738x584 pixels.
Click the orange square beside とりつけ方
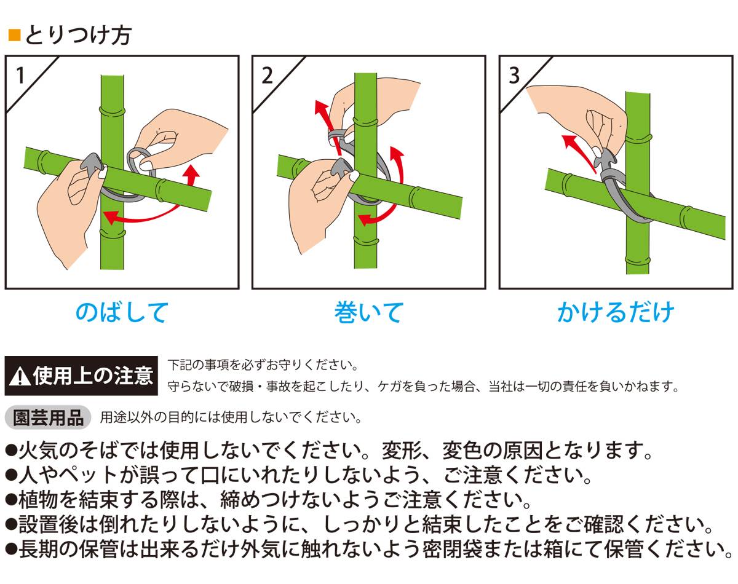point(14,35)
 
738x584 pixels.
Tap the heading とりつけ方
point(78,35)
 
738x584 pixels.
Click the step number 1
point(21,75)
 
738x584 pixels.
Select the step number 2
point(267,75)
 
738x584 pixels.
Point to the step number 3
point(514,75)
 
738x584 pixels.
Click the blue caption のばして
point(122,312)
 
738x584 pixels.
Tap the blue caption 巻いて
point(368,312)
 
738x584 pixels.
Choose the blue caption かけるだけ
point(616,312)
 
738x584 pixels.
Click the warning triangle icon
point(20,376)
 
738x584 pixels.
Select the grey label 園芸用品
point(48,417)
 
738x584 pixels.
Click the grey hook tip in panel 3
point(605,159)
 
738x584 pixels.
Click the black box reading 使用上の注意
point(81,376)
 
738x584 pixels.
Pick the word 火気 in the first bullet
point(38,450)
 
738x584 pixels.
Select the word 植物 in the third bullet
point(38,500)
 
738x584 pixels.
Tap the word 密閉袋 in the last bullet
point(452,550)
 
